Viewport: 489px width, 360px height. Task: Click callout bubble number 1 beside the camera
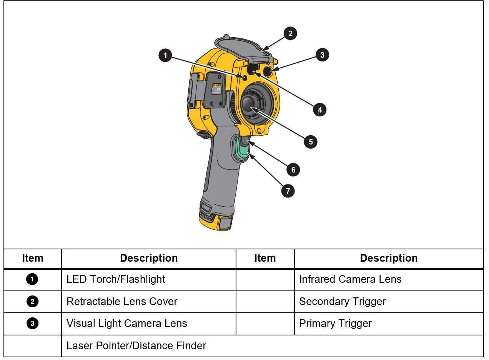(165, 55)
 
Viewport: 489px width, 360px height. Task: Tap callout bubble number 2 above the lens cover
(290, 33)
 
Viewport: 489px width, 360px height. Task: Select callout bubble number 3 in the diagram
(322, 55)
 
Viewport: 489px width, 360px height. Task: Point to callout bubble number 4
(319, 110)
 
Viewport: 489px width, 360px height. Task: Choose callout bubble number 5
(310, 142)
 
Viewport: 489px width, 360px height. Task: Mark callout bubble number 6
(293, 170)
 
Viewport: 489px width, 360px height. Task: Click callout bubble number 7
(288, 191)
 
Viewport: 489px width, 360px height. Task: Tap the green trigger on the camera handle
(242, 151)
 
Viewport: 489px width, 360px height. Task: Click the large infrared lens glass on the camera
(250, 105)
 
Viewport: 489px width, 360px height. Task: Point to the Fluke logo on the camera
(217, 85)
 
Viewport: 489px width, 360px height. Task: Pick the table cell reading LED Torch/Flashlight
(116, 279)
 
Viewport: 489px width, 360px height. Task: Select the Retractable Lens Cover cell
(122, 302)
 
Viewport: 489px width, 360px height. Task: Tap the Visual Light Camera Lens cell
(126, 324)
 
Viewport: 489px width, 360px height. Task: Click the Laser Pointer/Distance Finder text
(136, 346)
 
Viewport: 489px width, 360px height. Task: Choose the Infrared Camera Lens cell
(350, 279)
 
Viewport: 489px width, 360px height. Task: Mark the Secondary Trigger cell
(342, 302)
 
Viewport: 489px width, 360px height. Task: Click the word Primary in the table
(316, 324)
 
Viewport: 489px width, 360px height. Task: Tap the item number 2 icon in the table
(32, 302)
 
